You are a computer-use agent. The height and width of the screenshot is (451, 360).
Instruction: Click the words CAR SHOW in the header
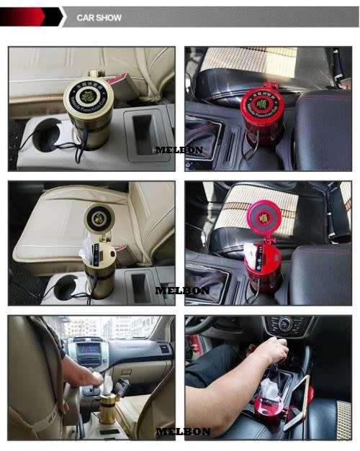pos(99,17)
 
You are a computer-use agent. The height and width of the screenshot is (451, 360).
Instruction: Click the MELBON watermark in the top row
pos(179,150)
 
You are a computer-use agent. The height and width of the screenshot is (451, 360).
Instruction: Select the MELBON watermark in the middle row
pos(182,291)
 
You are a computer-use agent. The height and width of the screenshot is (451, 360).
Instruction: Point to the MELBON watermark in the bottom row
pos(183,432)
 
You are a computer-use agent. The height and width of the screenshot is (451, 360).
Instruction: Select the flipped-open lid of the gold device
pos(99,217)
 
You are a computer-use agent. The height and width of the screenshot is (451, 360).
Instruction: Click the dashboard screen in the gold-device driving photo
pos(89,352)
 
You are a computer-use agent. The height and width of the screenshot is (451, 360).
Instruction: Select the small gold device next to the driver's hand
pos(108,405)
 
